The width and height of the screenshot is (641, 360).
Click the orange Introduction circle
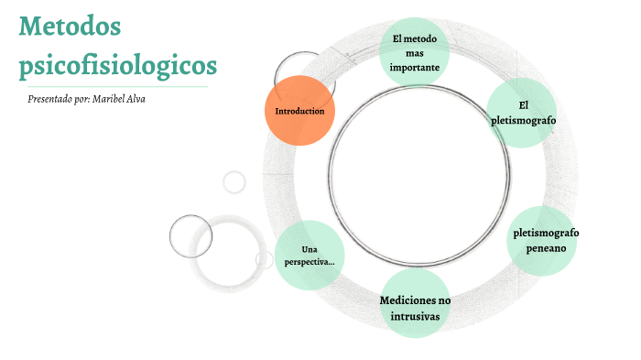[299, 111]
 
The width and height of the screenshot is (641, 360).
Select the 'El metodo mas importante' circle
[414, 52]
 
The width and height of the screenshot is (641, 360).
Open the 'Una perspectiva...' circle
[310, 256]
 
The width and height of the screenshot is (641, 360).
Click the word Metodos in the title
[69, 27]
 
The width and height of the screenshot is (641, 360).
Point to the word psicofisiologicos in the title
[118, 65]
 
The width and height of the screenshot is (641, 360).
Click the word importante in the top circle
[415, 67]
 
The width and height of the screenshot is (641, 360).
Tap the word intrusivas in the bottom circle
[414, 316]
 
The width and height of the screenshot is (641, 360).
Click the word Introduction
[299, 111]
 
